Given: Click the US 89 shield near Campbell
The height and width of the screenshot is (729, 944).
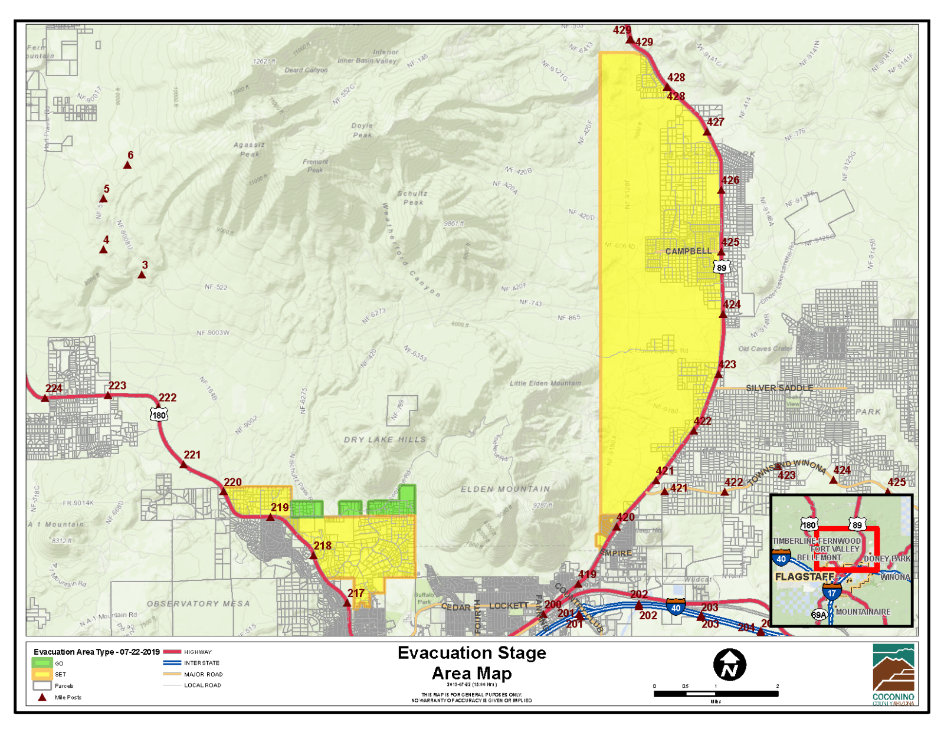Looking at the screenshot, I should (721, 268).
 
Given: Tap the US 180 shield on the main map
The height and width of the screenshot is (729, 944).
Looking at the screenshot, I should (159, 415).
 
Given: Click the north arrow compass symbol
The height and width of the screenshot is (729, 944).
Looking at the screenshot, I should (730, 665).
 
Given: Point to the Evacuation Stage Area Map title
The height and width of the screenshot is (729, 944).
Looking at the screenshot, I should (472, 663).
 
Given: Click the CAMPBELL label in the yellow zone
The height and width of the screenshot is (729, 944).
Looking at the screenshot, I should (689, 251).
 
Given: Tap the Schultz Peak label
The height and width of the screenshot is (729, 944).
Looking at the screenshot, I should (412, 198).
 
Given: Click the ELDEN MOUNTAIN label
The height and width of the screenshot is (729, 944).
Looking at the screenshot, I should (506, 489).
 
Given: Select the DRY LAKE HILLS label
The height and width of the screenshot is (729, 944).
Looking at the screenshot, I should (385, 439).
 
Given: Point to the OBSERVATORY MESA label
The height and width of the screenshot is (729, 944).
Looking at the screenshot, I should (198, 603).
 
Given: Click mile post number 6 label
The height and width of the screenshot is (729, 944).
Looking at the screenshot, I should (130, 155).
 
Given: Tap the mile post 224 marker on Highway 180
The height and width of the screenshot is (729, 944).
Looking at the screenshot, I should (45, 398).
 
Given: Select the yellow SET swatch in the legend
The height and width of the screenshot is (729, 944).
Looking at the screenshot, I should (42, 674).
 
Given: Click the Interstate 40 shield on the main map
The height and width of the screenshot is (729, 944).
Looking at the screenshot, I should (676, 607).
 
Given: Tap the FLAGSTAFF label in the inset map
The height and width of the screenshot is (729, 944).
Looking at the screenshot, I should (804, 576).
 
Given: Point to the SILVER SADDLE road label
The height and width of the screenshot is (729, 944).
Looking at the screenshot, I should (779, 388).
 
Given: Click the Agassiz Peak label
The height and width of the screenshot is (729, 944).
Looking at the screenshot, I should (249, 149).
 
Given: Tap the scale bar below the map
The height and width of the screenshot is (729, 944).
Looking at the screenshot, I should (716, 694).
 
